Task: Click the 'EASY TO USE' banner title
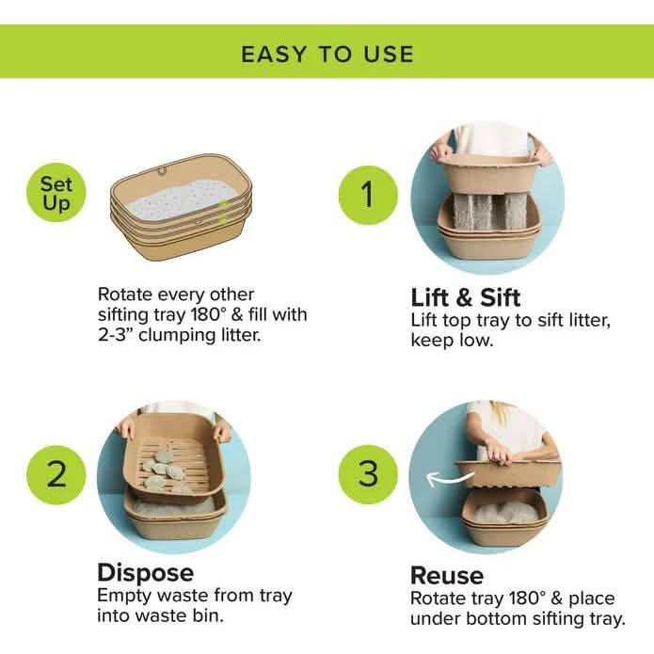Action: click(x=327, y=53)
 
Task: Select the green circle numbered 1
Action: click(x=367, y=195)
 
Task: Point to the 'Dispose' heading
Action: click(x=145, y=572)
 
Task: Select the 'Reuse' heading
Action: click(x=447, y=575)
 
